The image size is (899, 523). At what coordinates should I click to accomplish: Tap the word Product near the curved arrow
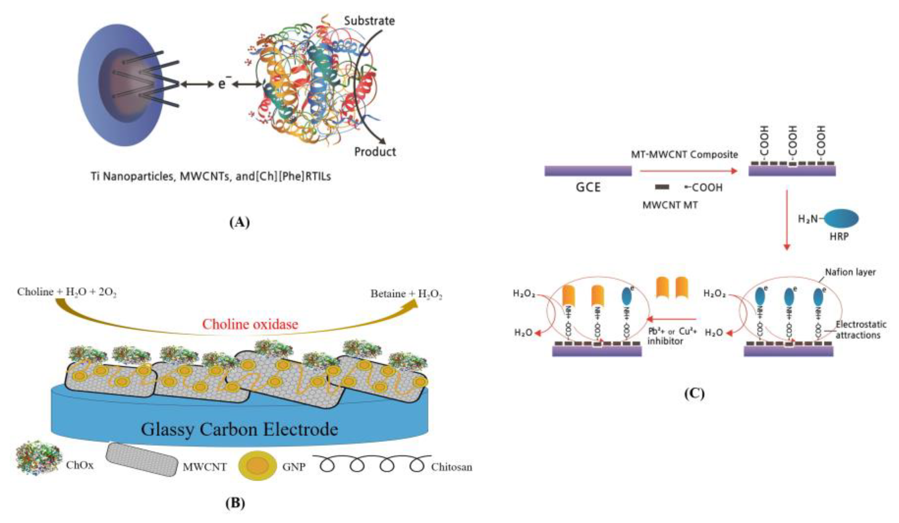pos(375,152)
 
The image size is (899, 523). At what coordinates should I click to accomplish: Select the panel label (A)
pos(239,222)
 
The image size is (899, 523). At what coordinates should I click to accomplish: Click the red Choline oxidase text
pos(250,324)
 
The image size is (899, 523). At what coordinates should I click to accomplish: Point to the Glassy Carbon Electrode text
pos(239,429)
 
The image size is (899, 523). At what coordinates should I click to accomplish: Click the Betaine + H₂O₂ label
pos(406,294)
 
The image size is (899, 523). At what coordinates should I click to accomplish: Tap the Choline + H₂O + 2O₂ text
pos(67,292)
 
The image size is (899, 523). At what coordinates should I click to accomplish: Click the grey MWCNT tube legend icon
pos(142,459)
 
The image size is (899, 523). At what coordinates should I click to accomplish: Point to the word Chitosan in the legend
pos(451,467)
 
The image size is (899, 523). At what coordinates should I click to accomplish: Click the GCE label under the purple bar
pos(588,187)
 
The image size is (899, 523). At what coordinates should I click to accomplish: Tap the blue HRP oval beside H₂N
pos(841,219)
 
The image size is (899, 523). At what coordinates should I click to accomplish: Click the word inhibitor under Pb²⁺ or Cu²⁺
pos(665,341)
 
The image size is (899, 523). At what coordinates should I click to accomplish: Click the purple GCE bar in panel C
pos(588,171)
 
